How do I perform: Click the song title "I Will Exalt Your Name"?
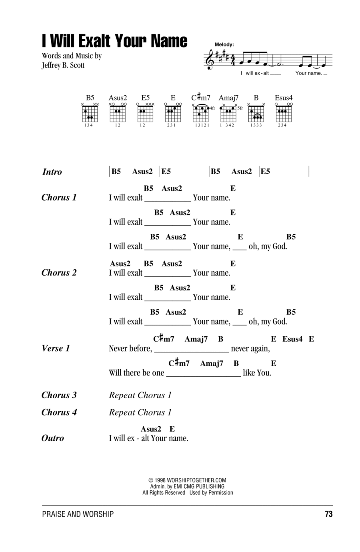(114, 41)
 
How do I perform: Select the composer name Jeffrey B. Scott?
(63, 65)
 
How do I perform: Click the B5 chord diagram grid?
(90, 114)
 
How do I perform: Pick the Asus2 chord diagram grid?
(118, 114)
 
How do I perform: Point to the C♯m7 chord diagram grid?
(201, 114)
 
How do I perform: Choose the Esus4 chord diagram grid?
(284, 114)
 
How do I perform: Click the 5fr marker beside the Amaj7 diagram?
(240, 108)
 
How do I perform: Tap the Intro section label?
(52, 172)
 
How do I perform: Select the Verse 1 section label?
(56, 348)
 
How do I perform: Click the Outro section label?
(53, 438)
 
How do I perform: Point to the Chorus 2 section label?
(59, 273)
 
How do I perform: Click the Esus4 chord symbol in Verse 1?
(292, 339)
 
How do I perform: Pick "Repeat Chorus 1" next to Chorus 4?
(140, 412)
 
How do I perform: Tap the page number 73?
(329, 514)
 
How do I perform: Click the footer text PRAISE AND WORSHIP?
(78, 514)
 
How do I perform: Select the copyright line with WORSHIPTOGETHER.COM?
(187, 480)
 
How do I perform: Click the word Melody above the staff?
(224, 44)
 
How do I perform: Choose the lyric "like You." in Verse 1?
(257, 373)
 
